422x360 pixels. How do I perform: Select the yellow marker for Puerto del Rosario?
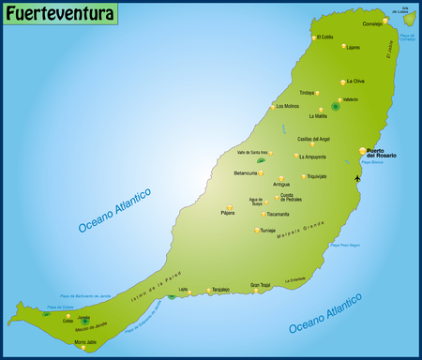(x=363, y=150)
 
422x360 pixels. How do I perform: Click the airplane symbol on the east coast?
(x=357, y=178)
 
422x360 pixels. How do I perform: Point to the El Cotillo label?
(x=325, y=37)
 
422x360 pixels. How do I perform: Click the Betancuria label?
(x=245, y=173)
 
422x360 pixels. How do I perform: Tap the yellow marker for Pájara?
(x=229, y=206)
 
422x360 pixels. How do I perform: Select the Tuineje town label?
(x=267, y=230)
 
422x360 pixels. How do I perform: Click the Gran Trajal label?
(x=260, y=284)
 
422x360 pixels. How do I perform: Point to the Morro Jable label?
(x=84, y=342)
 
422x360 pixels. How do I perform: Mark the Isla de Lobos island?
(x=409, y=19)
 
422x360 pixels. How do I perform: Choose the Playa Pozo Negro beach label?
(x=344, y=246)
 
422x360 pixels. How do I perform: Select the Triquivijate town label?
(x=316, y=176)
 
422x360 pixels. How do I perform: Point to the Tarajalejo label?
(x=220, y=290)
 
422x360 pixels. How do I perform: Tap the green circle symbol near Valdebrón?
(x=335, y=106)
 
